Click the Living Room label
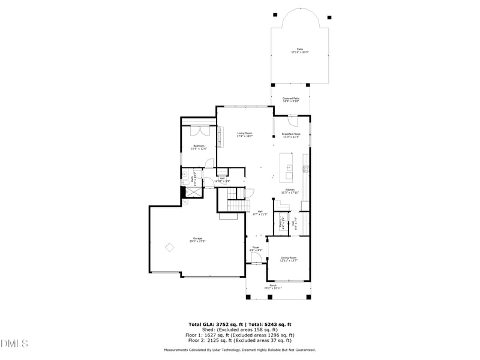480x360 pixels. coord(244,134)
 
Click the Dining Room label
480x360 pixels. coord(289,259)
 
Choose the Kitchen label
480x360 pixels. coord(290,191)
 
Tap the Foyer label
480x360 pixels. coord(256,248)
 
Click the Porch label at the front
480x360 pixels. coord(273,286)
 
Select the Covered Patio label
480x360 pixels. coord(291,99)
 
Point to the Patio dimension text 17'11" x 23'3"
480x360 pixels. coord(299,53)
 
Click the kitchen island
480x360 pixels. coord(287,168)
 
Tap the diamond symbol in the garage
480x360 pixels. coord(170,247)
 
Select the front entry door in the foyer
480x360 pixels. coord(256,259)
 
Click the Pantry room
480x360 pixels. coord(281,223)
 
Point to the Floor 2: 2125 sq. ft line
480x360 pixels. coord(240,340)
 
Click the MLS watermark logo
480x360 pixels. coord(14,344)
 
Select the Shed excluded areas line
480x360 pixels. coord(240,329)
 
